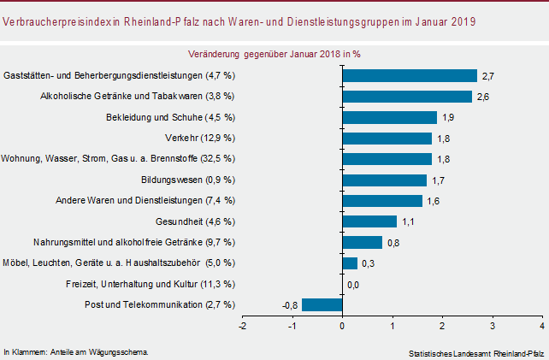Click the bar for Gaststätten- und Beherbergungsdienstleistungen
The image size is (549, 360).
click(409, 75)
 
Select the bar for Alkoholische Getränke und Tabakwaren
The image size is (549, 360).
click(406, 96)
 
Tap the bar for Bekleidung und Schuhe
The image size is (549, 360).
click(389, 117)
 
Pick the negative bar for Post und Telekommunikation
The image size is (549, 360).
click(322, 304)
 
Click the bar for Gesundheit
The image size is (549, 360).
click(369, 221)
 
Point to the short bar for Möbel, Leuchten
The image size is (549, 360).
click(349, 263)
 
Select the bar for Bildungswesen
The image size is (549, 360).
click(384, 180)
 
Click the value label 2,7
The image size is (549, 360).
click(488, 76)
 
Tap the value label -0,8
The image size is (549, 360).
click(289, 305)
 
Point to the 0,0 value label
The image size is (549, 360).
click(352, 284)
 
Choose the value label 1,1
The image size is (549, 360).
click(409, 222)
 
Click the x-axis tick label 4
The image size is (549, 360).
click(542, 326)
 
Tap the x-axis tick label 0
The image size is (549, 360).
click(342, 326)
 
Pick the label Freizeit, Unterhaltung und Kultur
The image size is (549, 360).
click(150, 284)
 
